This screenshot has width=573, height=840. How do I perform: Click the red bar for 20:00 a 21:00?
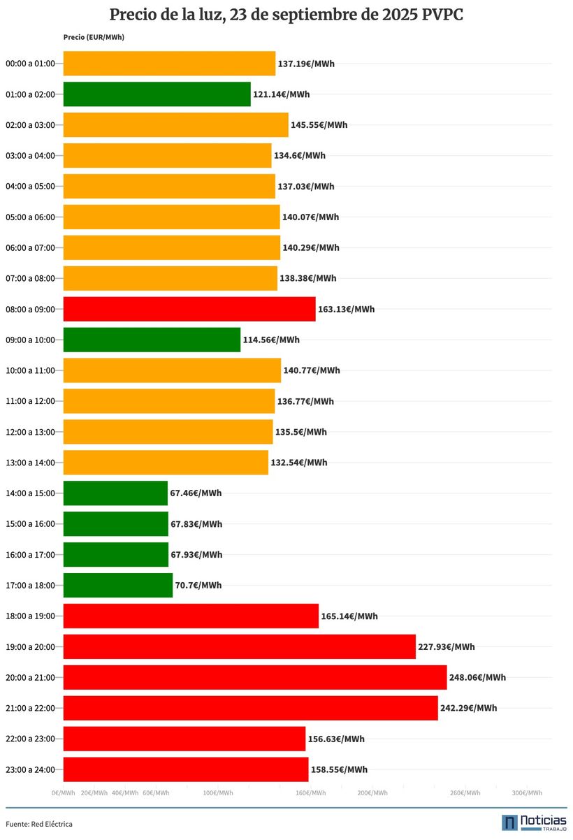[x=254, y=677]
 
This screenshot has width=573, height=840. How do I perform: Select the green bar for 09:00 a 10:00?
[x=152, y=340]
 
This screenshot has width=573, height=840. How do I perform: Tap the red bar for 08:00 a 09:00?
[x=189, y=309]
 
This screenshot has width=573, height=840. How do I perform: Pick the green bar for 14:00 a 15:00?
[x=115, y=493]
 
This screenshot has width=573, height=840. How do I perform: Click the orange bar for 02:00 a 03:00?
[x=175, y=125]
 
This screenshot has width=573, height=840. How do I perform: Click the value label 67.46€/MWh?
[x=196, y=493]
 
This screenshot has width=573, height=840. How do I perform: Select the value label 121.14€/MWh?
[x=281, y=94]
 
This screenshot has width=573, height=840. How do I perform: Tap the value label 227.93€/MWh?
[x=446, y=646]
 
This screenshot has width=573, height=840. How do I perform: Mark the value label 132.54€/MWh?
[x=298, y=463]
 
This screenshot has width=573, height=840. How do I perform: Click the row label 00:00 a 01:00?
[x=30, y=64]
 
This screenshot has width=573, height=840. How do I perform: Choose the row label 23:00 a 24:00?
[x=30, y=769]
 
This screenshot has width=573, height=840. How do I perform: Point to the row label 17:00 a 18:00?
[x=30, y=585]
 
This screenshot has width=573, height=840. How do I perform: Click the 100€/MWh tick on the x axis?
[x=217, y=792]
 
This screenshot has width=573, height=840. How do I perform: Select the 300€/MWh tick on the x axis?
[x=527, y=792]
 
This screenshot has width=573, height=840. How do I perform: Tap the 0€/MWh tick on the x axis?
[x=63, y=792]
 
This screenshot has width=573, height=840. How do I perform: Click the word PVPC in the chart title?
[x=442, y=15]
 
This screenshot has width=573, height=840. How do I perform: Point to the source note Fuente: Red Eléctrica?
[x=39, y=824]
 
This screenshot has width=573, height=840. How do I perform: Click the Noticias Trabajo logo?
[x=533, y=823]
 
